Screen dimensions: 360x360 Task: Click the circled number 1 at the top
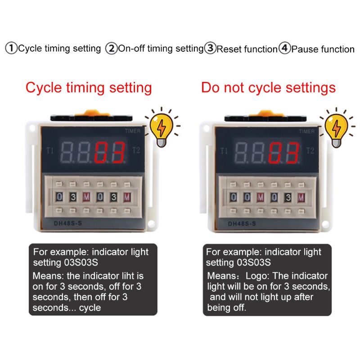11,48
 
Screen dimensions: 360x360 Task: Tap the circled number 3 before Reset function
210,48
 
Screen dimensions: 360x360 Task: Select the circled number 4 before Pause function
285,48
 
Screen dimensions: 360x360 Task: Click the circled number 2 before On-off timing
111,48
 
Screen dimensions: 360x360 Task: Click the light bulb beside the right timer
336,129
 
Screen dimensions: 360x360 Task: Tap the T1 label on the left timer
50,151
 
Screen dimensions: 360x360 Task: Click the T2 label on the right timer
310,151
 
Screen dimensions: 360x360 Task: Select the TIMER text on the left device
133,131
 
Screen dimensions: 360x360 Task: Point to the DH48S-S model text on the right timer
242,224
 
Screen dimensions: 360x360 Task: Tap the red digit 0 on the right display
277,153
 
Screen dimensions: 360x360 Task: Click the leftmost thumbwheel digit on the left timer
59,197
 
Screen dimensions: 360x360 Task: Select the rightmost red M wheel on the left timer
127,197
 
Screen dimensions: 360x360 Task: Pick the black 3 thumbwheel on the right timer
288,197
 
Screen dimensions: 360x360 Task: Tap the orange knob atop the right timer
266,114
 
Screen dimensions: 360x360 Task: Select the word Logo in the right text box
256,276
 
